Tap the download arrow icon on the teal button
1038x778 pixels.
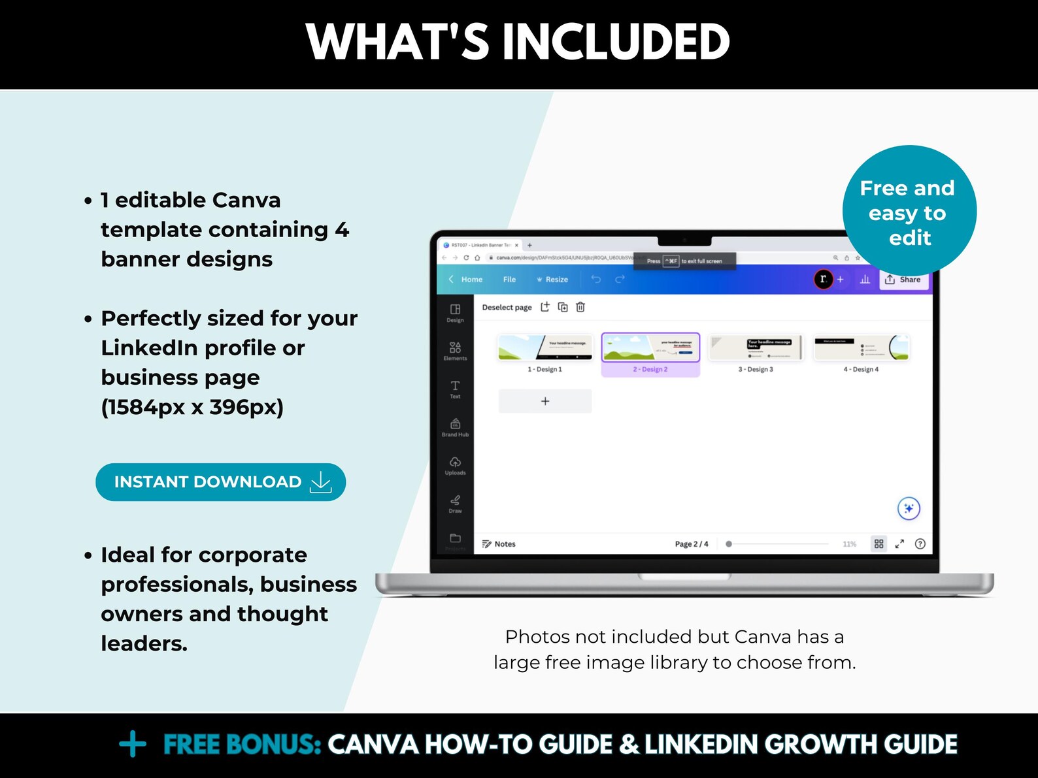pos(321,482)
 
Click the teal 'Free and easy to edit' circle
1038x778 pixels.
pos(909,212)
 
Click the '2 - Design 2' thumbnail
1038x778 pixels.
pos(650,348)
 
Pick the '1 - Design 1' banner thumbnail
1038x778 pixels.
pos(545,348)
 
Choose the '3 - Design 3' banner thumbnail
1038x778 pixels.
pos(756,348)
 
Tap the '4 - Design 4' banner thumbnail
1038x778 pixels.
pos(862,348)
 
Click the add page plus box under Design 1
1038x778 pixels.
pos(545,401)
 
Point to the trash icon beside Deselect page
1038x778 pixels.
pos(580,307)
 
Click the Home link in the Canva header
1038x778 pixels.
pos(471,280)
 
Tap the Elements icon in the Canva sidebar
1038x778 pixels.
pos(455,350)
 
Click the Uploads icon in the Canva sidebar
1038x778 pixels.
pos(455,465)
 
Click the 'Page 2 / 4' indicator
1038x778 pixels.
pos(691,543)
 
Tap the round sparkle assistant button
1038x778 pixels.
pos(909,508)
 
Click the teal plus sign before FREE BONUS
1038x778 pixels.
pos(133,744)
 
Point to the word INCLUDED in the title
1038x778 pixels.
pos(615,42)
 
